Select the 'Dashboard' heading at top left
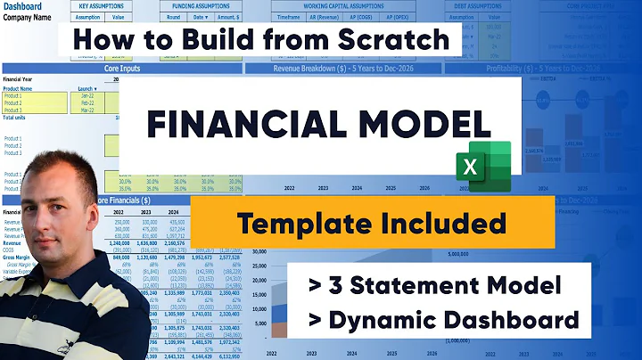(22, 6)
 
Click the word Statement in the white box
(421, 287)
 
